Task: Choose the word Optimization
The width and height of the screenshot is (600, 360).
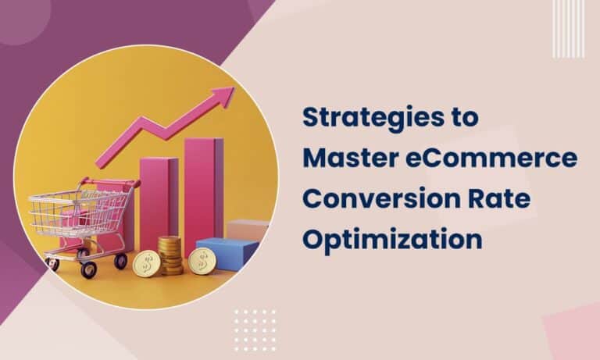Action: coord(391,239)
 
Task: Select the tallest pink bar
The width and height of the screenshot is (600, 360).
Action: coord(202,187)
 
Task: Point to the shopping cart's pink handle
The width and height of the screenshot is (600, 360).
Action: coord(117,184)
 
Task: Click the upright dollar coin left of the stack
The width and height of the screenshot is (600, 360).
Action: coord(146,262)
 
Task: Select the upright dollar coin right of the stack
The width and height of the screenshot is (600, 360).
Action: coord(202,261)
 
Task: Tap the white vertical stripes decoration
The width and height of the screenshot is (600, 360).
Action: coord(568,29)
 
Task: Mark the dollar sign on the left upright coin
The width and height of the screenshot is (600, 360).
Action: coord(146,262)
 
